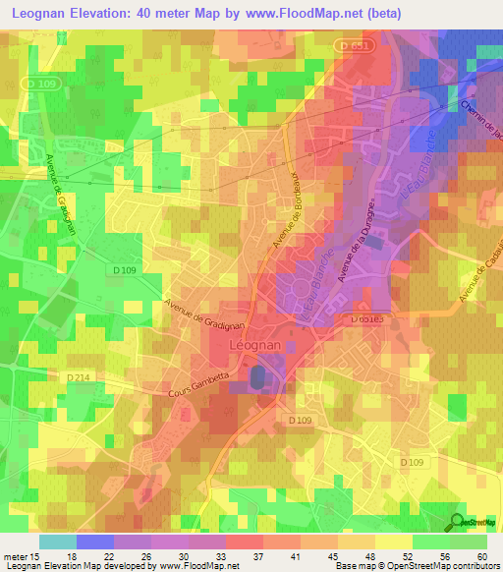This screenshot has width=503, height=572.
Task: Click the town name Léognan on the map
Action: (255, 347)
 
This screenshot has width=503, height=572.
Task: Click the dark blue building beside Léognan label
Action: (256, 376)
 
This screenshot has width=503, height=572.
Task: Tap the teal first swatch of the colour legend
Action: (58, 542)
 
